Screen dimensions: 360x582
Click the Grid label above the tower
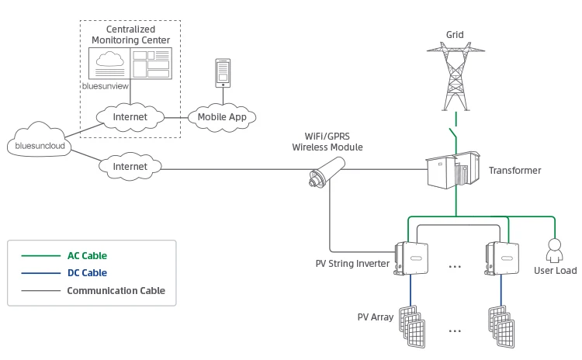tap(455, 35)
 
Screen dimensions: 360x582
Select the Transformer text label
tap(514, 171)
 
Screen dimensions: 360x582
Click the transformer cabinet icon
tap(455, 171)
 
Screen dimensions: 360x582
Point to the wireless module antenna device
tap(327, 172)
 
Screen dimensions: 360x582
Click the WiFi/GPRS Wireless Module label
tap(327, 140)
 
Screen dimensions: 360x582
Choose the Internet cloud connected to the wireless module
tap(130, 165)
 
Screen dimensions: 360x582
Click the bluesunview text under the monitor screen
tap(105, 87)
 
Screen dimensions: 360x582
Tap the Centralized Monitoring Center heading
tap(131, 34)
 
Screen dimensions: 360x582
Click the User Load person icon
tap(555, 250)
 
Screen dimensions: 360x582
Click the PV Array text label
tap(376, 317)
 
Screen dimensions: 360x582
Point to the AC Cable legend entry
tap(87, 255)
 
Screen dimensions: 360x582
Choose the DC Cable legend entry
tap(87, 273)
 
